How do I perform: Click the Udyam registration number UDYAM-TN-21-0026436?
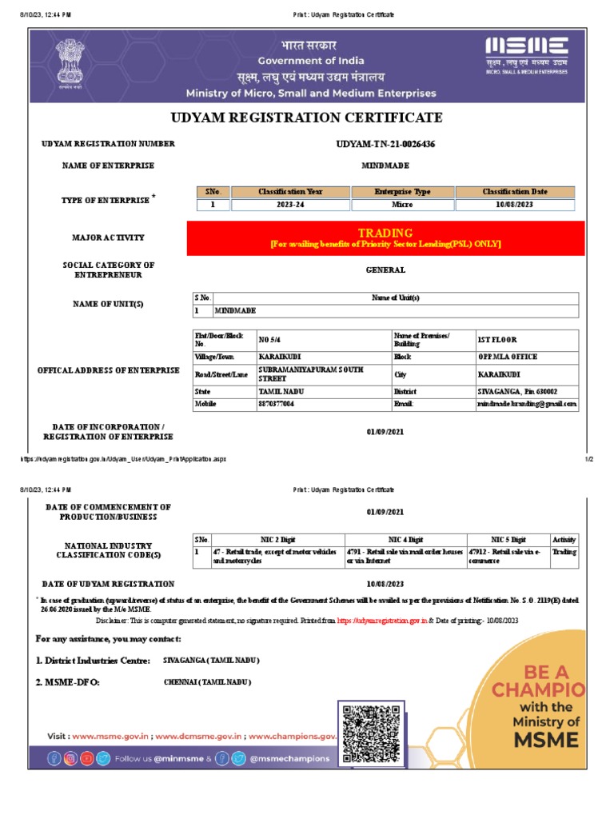(385, 144)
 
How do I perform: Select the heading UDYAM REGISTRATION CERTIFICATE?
(306, 118)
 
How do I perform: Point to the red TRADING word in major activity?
(385, 233)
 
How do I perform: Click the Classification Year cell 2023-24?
(290, 205)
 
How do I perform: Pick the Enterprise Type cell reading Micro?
(402, 205)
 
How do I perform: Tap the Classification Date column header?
(515, 192)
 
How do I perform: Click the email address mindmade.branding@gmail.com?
(527, 405)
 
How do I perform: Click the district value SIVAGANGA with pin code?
(517, 392)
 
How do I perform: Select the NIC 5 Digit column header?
(508, 540)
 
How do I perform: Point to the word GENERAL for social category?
(385, 270)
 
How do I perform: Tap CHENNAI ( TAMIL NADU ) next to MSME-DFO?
(207, 682)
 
